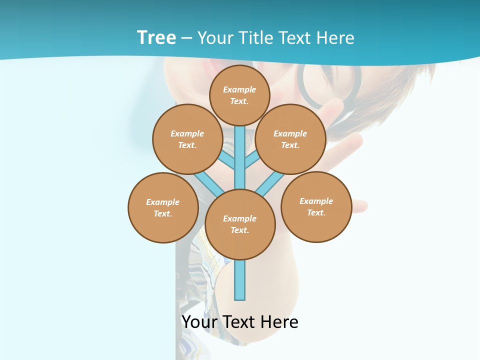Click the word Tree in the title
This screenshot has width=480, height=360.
coord(156,37)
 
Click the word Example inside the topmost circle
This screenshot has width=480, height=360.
coord(239,89)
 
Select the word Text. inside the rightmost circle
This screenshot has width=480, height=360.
coord(316,212)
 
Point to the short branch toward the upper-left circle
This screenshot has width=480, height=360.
coord(227,160)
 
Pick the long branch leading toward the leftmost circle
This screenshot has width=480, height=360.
coord(209,182)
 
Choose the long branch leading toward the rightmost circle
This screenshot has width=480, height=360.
coord(270,183)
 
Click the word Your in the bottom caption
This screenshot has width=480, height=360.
coord(199,322)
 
